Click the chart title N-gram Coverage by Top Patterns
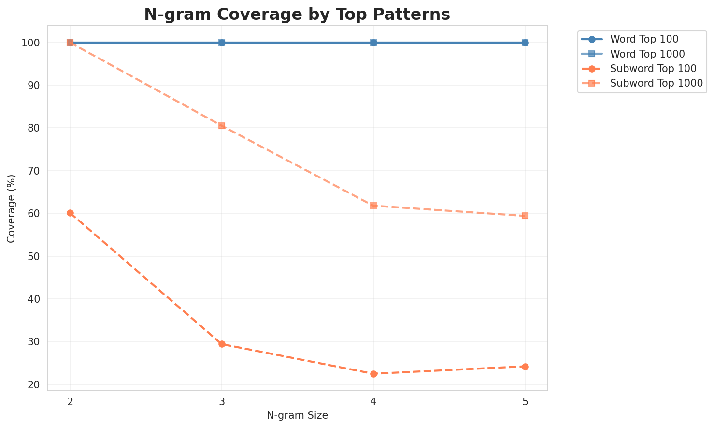[297, 15]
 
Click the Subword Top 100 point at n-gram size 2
[70, 213]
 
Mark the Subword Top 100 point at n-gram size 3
[222, 344]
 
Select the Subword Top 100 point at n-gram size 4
[373, 374]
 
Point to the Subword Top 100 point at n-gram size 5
[525, 367]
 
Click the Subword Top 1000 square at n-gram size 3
[222, 126]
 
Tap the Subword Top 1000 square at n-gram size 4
[373, 206]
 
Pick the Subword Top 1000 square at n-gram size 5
[525, 216]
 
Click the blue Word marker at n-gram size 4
[373, 43]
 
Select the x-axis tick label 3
[222, 401]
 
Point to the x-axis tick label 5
[525, 401]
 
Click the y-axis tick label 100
[32, 43]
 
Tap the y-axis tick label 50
[35, 256]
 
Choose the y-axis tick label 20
[35, 385]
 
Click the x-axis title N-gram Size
[297, 415]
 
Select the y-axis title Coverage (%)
[12, 208]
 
